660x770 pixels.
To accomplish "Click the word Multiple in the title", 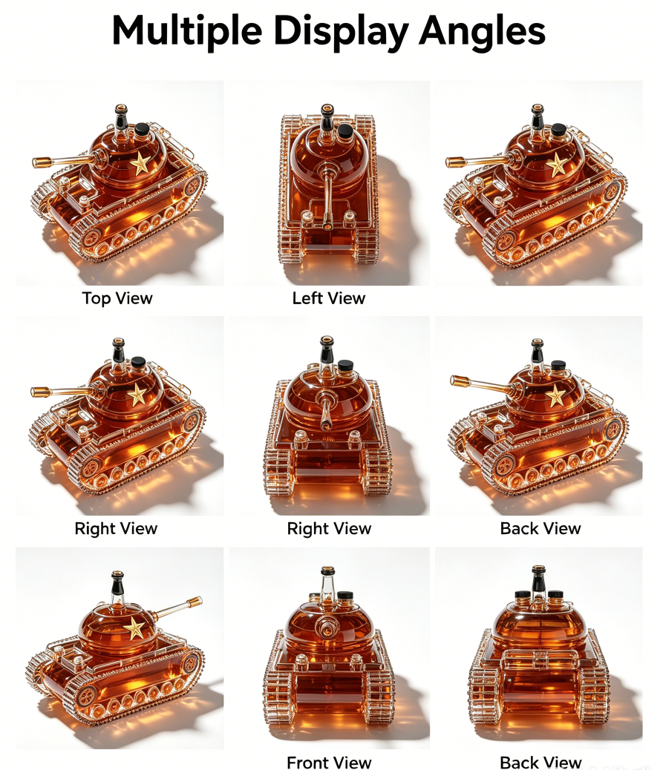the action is point(187,31).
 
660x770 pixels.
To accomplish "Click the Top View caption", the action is point(117,298).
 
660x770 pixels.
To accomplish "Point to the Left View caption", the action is point(329,298).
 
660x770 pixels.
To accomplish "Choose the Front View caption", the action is point(329,762).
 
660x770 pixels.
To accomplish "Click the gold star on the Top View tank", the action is point(140,163).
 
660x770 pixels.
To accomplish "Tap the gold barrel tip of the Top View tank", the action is point(42,162).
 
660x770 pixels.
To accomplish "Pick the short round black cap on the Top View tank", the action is point(142,129).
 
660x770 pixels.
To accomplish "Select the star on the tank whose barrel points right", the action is point(134,628).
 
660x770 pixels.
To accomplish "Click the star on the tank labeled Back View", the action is point(556,395).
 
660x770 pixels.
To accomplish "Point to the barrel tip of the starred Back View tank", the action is point(459,381).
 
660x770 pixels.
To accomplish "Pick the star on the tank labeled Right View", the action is point(137,395).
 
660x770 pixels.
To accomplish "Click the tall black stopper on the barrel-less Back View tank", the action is point(538,578).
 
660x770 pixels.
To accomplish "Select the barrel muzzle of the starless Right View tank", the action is point(325,425).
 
